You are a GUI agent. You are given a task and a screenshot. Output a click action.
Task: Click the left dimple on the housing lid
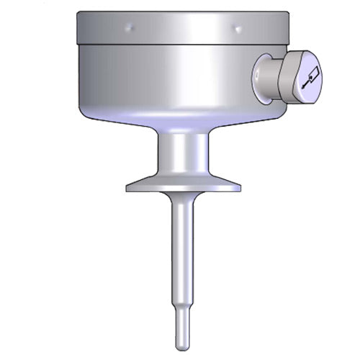[129, 28]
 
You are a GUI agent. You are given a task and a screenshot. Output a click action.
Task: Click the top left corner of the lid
[78, 14]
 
